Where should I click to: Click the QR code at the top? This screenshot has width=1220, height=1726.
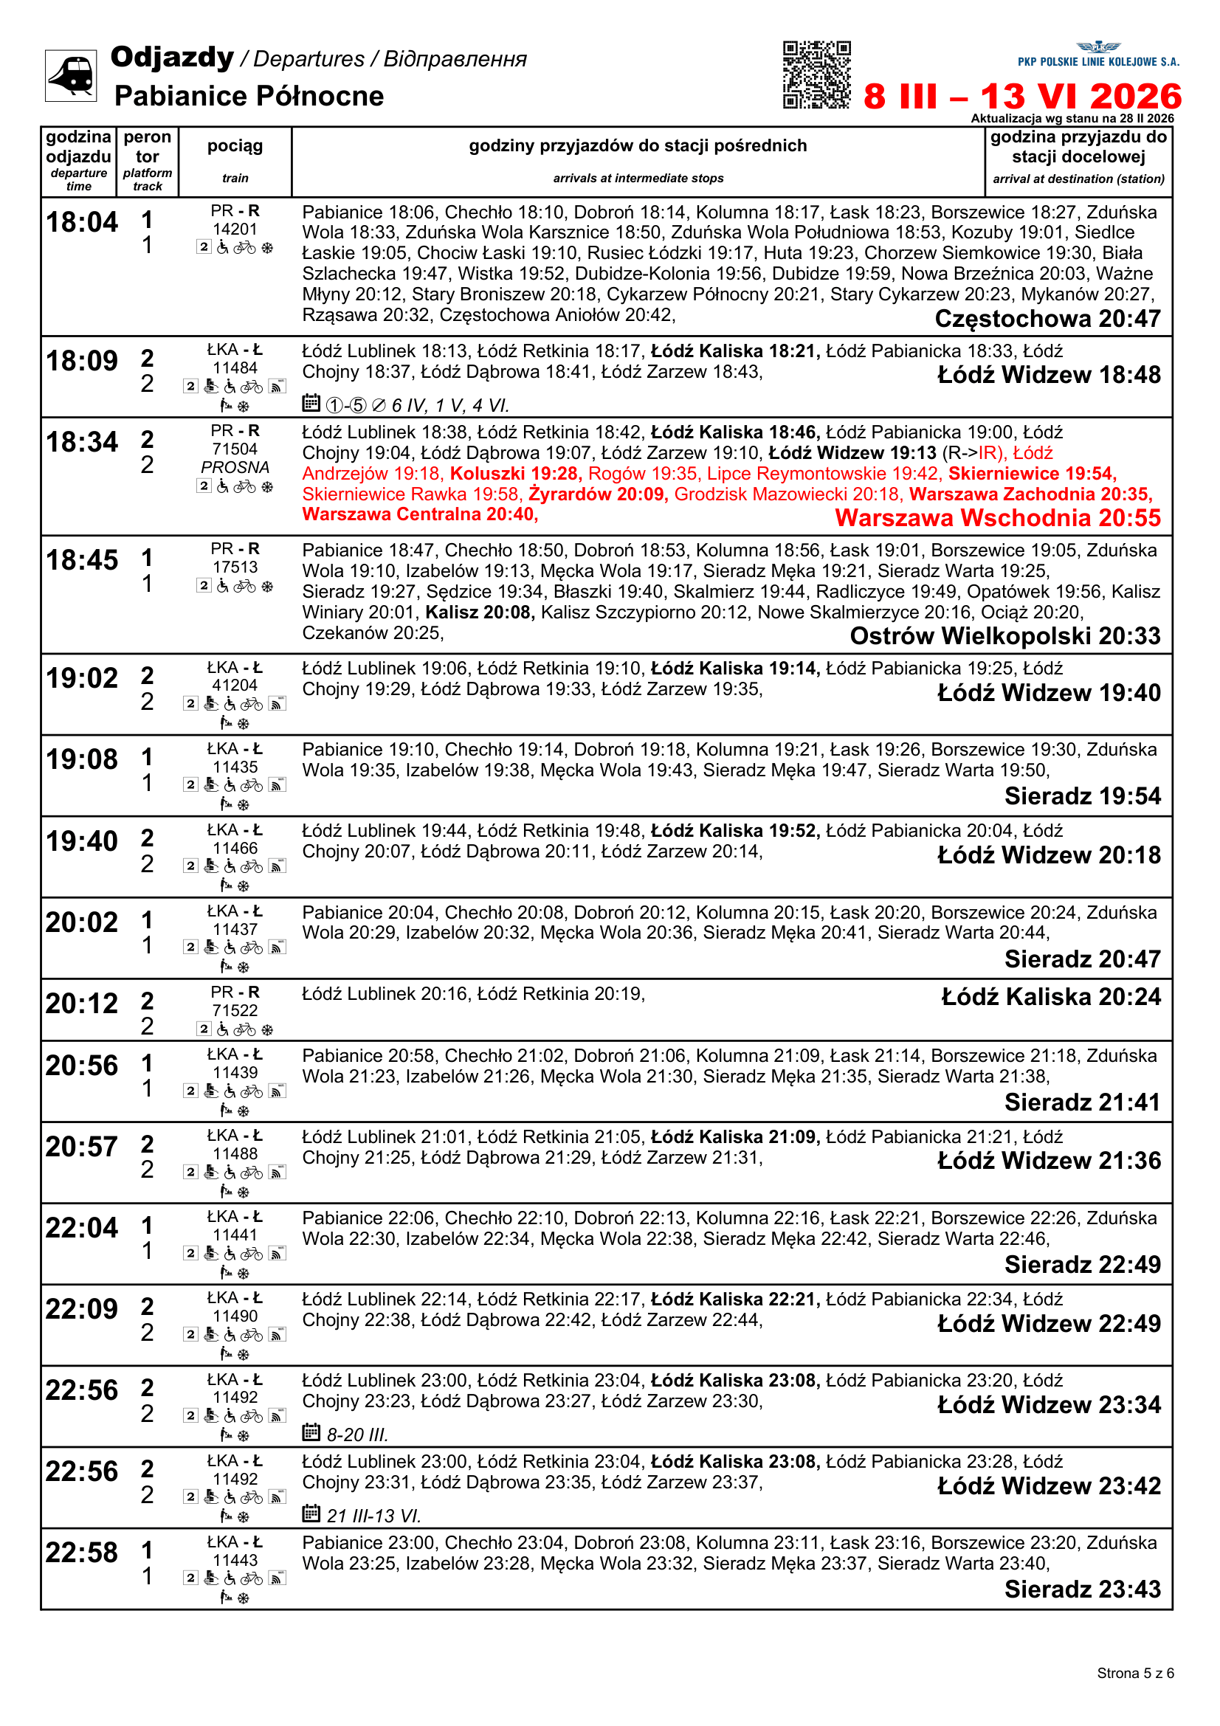click(816, 75)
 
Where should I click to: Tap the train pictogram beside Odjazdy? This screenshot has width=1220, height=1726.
click(71, 75)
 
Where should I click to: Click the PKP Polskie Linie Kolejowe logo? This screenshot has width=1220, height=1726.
click(1098, 55)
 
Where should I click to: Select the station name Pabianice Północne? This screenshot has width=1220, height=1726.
click(249, 96)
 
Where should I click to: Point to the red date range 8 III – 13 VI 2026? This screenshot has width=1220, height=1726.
click(1022, 97)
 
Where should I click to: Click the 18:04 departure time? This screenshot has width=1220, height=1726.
click(82, 223)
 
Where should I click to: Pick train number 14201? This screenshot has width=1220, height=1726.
click(235, 229)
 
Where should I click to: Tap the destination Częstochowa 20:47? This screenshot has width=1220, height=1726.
click(1047, 319)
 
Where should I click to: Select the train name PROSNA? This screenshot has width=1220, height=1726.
click(235, 467)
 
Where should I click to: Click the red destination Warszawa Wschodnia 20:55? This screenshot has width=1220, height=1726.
click(998, 518)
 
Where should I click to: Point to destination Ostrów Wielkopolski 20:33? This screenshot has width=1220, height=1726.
click(1005, 636)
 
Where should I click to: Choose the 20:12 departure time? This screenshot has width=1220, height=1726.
click(82, 1004)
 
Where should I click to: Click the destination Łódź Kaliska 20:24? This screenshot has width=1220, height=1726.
click(1051, 997)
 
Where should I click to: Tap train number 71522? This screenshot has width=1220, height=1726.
click(235, 1010)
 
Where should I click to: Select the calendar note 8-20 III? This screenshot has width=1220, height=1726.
click(356, 1435)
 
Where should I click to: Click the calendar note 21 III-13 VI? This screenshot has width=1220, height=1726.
click(373, 1516)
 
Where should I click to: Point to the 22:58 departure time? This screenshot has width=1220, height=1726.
click(82, 1553)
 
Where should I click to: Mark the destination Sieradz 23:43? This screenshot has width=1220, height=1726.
click(1083, 1589)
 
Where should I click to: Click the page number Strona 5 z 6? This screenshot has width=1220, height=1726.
click(1134, 1673)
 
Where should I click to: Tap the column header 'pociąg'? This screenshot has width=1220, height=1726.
click(235, 146)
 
